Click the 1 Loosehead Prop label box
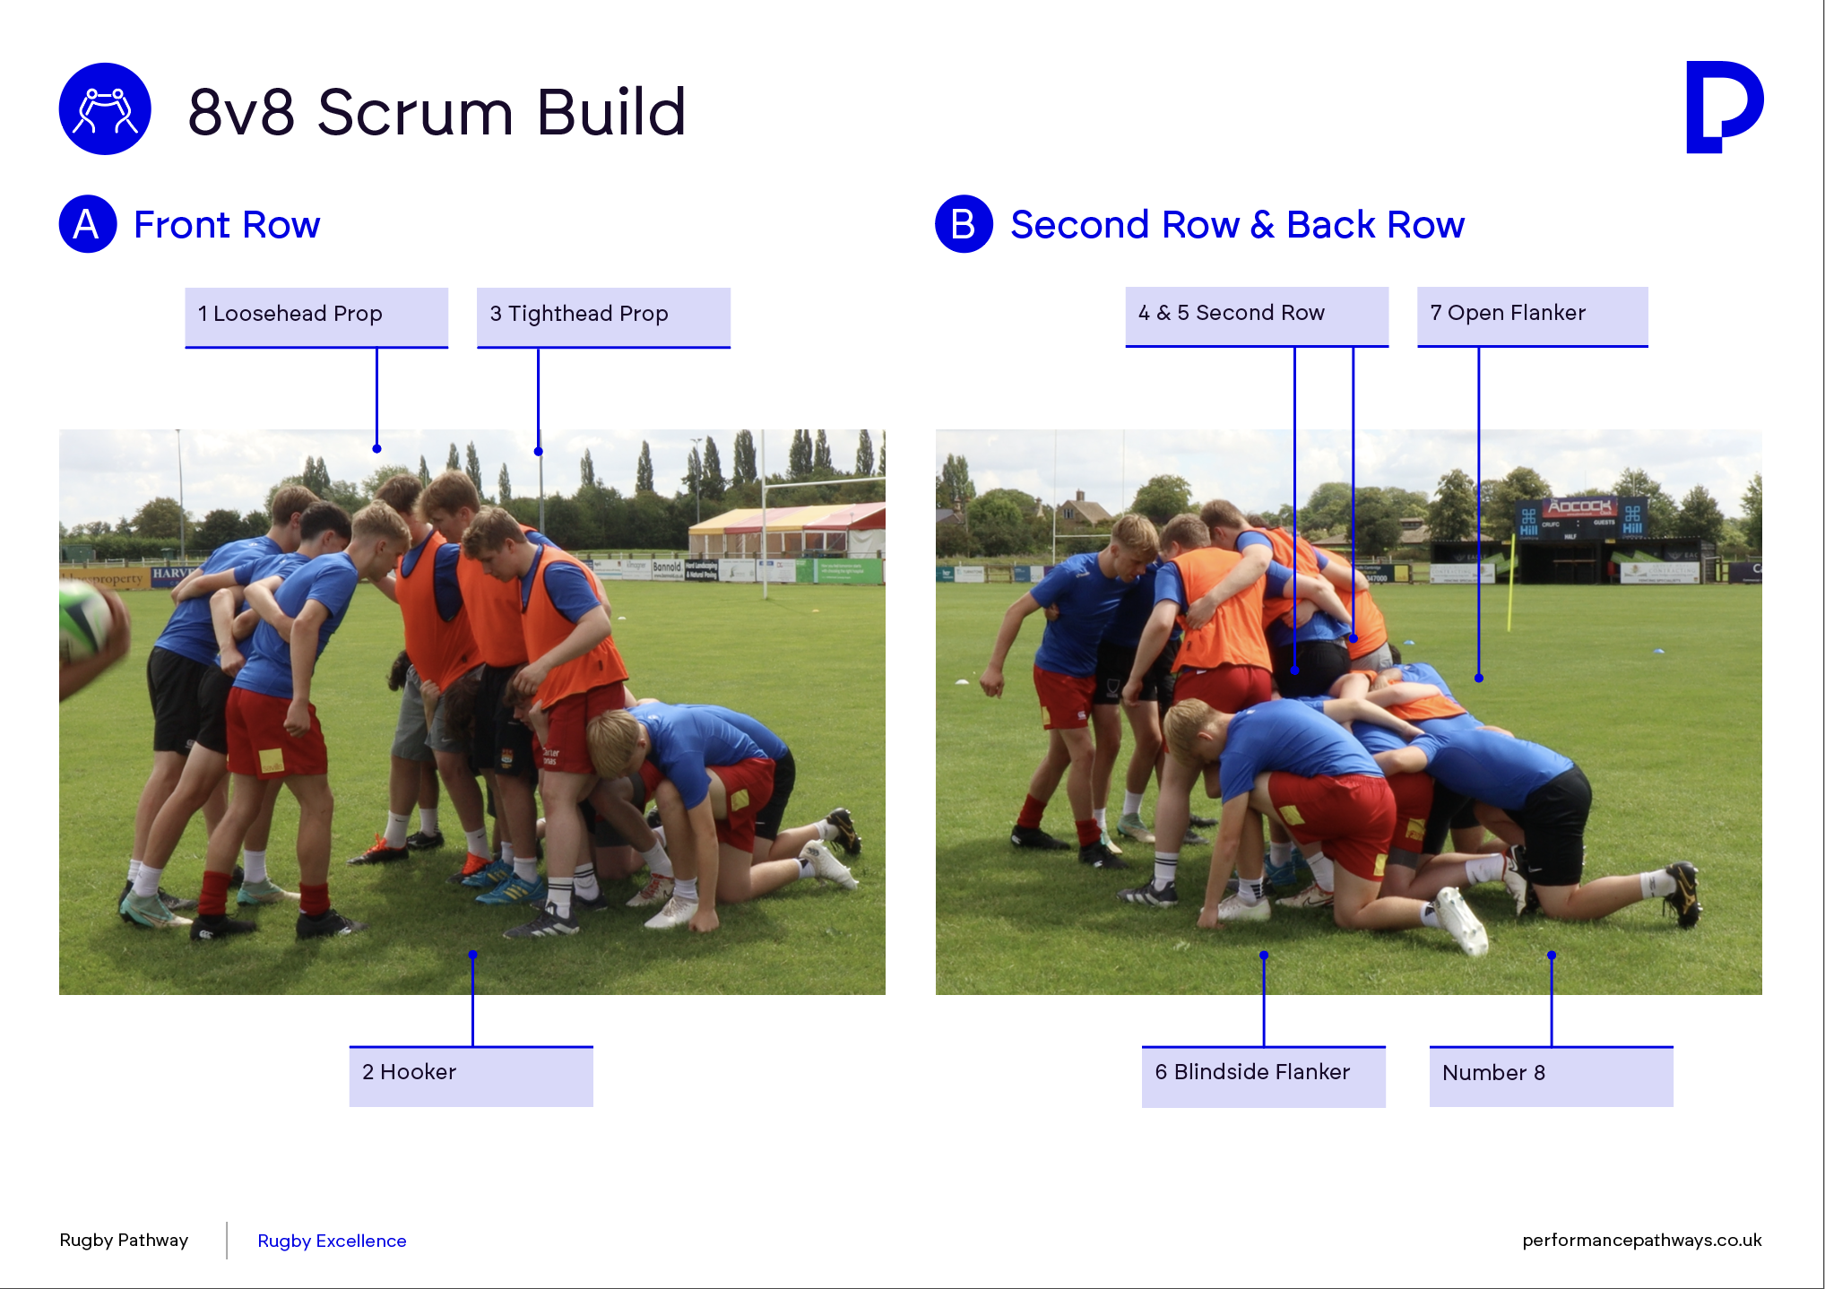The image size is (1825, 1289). click(x=316, y=317)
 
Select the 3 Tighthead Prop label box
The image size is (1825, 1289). click(x=603, y=317)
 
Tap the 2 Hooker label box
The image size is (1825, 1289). click(x=471, y=1076)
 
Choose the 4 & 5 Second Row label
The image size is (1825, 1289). click(x=1257, y=316)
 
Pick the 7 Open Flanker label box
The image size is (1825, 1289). click(x=1532, y=316)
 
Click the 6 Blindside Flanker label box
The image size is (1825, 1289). click(x=1263, y=1076)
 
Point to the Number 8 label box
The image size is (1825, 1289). click(x=1551, y=1076)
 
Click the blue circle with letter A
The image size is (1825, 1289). click(x=88, y=224)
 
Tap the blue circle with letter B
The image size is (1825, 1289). click(x=964, y=224)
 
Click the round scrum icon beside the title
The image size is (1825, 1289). click(x=105, y=108)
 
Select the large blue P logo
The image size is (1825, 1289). click(x=1724, y=107)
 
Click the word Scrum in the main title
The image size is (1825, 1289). click(x=415, y=113)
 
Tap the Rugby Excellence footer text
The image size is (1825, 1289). click(x=332, y=1241)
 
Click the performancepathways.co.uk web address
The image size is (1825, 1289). click(x=1641, y=1240)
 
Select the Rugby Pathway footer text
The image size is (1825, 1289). click(x=124, y=1240)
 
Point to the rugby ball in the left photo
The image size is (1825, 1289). click(x=85, y=621)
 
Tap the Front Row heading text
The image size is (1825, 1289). click(x=227, y=225)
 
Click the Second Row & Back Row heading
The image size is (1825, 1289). click(x=1237, y=225)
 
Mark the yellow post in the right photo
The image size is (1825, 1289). click(x=1511, y=582)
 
